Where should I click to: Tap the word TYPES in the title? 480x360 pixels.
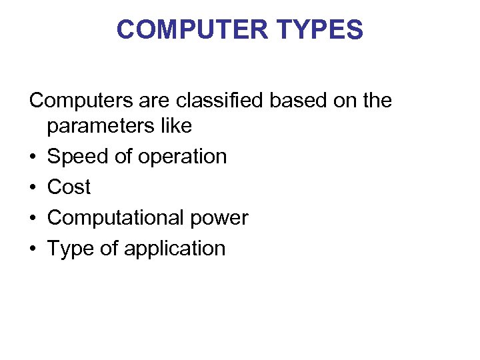click(x=321, y=30)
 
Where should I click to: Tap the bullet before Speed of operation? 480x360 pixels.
click(x=33, y=157)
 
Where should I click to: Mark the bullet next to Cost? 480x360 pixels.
click(x=33, y=188)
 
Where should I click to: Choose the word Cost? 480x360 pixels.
click(x=69, y=187)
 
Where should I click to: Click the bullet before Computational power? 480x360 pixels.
click(x=33, y=219)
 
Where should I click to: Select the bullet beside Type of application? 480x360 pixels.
click(x=33, y=249)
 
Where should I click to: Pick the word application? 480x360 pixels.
click(x=175, y=249)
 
